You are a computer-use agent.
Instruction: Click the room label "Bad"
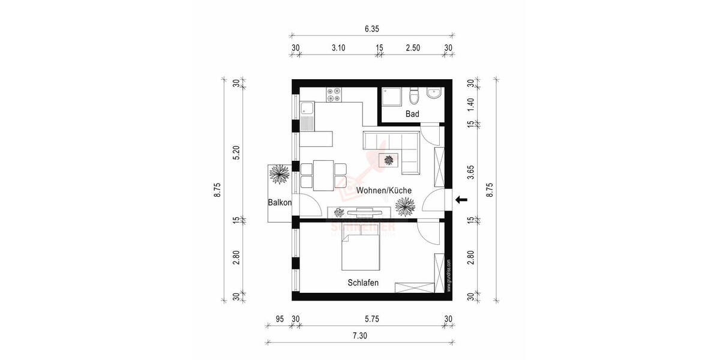pyautogui.click(x=412, y=114)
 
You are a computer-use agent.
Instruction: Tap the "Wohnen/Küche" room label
pyautogui.click(x=383, y=190)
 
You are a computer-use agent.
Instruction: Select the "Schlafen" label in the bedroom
pyautogui.click(x=362, y=283)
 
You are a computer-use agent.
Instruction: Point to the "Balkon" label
pyautogui.click(x=280, y=203)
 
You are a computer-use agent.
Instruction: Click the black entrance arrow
pyautogui.click(x=461, y=200)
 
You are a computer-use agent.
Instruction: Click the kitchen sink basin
pyautogui.click(x=307, y=109)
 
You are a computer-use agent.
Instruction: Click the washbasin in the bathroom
pyautogui.click(x=433, y=94)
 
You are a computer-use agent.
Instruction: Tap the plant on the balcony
pyautogui.click(x=280, y=176)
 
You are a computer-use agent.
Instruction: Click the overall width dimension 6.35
pyautogui.click(x=372, y=28)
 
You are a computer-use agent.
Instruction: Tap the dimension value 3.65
pyautogui.click(x=471, y=173)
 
